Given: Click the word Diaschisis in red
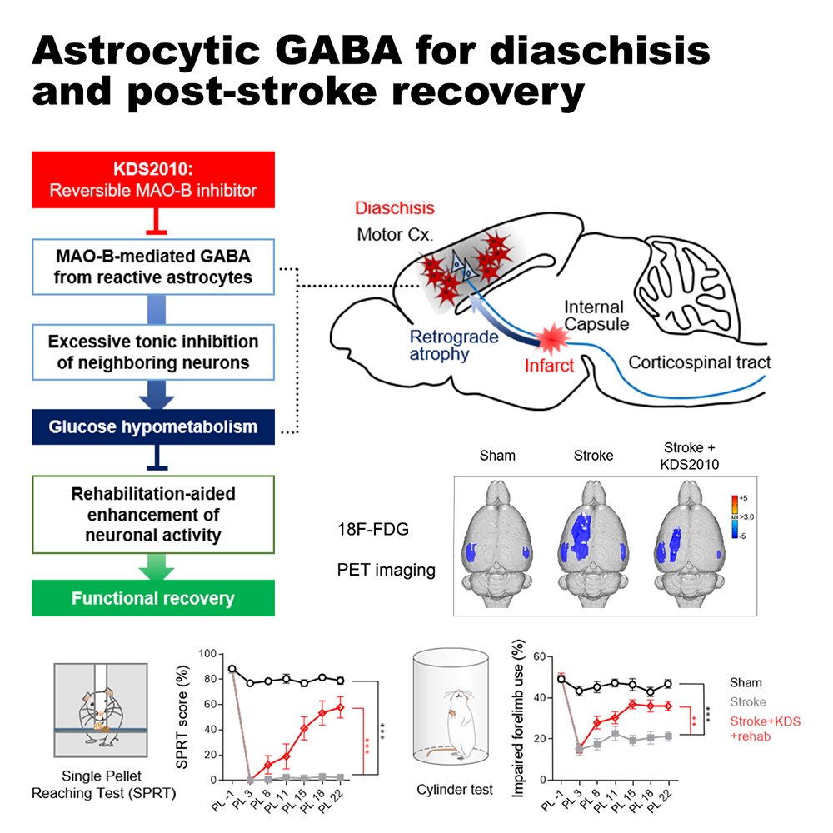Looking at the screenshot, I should click(395, 208).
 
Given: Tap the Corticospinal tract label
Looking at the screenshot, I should click(699, 362).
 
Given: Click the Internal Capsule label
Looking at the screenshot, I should click(596, 315).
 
